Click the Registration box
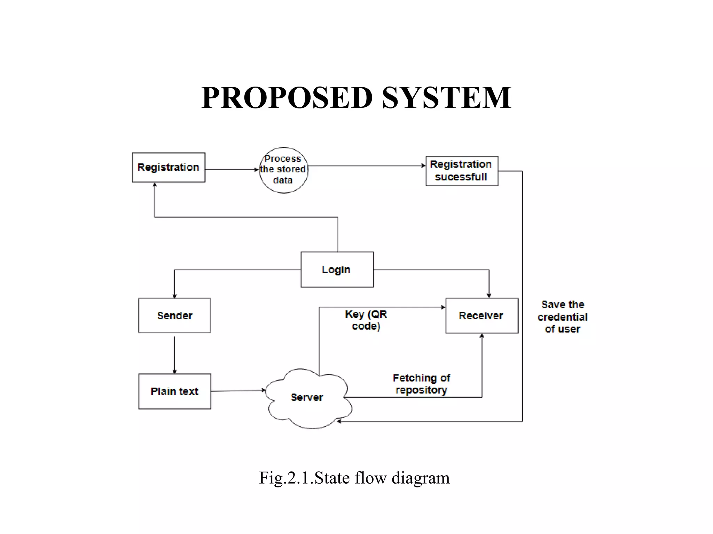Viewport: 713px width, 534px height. click(169, 167)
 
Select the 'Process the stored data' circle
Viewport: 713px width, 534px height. click(283, 170)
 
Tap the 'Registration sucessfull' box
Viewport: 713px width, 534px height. click(462, 171)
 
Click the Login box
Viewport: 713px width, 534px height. click(337, 270)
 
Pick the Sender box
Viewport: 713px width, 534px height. click(174, 315)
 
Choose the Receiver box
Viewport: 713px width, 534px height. click(482, 316)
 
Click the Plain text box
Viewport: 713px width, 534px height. click(174, 391)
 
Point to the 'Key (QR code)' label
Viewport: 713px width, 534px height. click(366, 320)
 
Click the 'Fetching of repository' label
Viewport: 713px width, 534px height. click(421, 384)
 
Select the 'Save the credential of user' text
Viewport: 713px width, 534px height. click(562, 317)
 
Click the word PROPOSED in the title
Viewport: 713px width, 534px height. click(287, 98)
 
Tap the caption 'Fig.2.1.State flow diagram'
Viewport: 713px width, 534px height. click(354, 478)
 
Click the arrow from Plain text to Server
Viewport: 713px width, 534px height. click(238, 391)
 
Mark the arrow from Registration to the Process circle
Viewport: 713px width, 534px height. click(232, 170)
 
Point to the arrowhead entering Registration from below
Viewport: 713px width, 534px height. click(155, 185)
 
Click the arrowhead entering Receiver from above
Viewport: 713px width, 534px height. click(489, 295)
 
